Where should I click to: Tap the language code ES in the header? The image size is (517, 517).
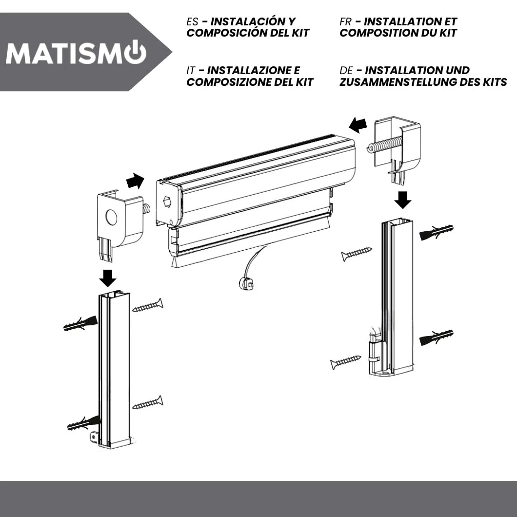click(x=192, y=22)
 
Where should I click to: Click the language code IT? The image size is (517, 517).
click(x=191, y=71)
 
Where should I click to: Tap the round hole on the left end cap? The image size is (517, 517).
click(x=111, y=217)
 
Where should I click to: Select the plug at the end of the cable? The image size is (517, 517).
click(x=246, y=283)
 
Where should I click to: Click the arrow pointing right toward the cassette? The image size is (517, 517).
click(x=136, y=181)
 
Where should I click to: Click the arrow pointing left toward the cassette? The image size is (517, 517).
click(x=358, y=125)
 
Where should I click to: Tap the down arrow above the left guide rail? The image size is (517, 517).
click(x=107, y=278)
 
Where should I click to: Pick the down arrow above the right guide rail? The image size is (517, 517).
click(x=402, y=200)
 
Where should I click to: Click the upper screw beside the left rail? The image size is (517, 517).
click(x=148, y=305)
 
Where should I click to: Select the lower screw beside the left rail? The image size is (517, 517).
click(x=148, y=402)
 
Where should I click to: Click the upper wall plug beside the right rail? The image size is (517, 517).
click(x=436, y=232)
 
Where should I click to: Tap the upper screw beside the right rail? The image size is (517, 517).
click(x=357, y=254)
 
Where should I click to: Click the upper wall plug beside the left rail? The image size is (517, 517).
click(x=80, y=323)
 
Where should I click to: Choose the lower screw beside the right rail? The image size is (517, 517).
click(x=345, y=362)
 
